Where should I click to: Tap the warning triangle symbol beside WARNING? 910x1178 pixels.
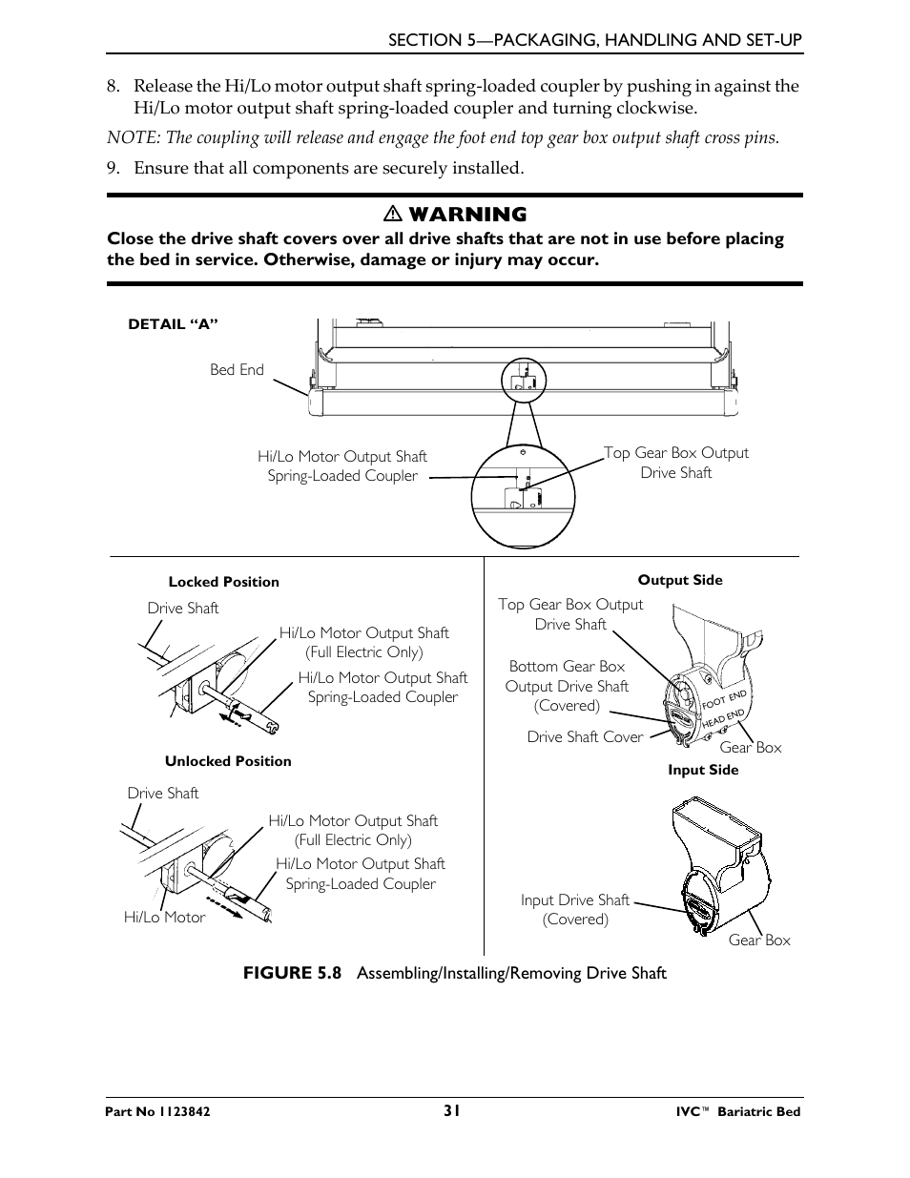pyautogui.click(x=390, y=215)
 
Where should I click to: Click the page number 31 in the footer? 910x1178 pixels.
pyautogui.click(x=452, y=1110)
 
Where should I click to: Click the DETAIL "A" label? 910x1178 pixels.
pyautogui.click(x=174, y=324)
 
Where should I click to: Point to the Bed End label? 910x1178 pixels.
pyautogui.click(x=237, y=370)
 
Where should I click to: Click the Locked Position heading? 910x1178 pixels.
pyautogui.click(x=223, y=582)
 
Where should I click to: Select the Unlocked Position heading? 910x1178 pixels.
pyautogui.click(x=228, y=761)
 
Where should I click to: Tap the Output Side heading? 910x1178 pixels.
pyautogui.click(x=680, y=580)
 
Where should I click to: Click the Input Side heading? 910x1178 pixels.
pyautogui.click(x=703, y=771)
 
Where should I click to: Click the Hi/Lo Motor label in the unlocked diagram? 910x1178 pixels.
pyautogui.click(x=164, y=918)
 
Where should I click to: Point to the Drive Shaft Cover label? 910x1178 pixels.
pyautogui.click(x=585, y=737)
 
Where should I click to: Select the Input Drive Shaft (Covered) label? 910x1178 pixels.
pyautogui.click(x=575, y=910)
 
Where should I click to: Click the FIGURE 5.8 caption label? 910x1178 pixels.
pyautogui.click(x=292, y=973)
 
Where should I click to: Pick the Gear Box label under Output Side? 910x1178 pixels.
pyautogui.click(x=750, y=748)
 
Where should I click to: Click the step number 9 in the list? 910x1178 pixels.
pyautogui.click(x=113, y=169)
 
